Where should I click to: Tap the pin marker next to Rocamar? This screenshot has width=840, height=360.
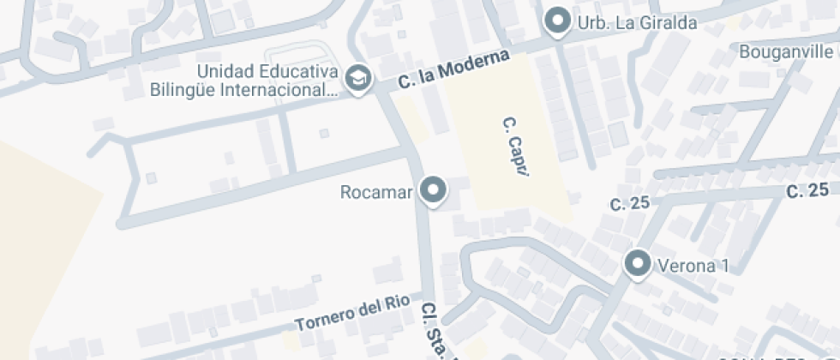tap(433, 190)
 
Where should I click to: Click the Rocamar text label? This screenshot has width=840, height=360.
tap(377, 191)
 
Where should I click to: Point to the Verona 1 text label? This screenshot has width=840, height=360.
tap(693, 265)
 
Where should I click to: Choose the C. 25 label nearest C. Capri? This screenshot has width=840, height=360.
tap(630, 203)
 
